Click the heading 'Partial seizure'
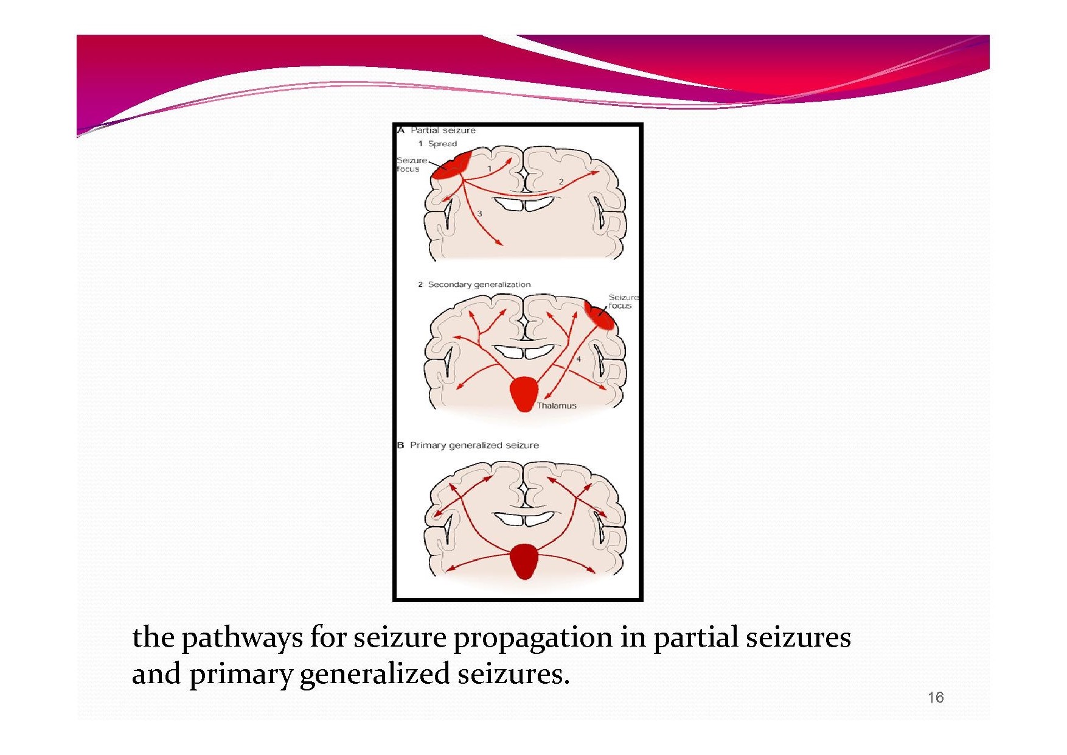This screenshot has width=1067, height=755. click(443, 130)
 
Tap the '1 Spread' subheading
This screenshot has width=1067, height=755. click(437, 144)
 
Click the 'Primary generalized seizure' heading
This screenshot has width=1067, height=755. click(474, 445)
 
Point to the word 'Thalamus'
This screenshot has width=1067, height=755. click(557, 406)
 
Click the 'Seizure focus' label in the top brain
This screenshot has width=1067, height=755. click(411, 164)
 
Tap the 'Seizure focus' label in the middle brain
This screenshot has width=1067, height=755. click(624, 301)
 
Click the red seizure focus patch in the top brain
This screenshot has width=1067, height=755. click(451, 166)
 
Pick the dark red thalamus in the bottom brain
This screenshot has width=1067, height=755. click(524, 561)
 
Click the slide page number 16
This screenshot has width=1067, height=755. click(936, 697)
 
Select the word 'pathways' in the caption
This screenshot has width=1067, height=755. click(242, 639)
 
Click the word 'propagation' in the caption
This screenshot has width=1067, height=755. click(533, 639)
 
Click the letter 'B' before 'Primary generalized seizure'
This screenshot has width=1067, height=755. click(401, 445)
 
